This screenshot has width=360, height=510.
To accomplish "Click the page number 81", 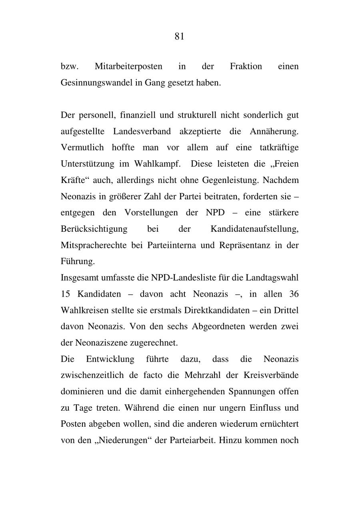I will point(179,37).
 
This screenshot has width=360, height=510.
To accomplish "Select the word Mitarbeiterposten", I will point(128,66).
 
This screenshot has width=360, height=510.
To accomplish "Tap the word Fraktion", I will point(246,66).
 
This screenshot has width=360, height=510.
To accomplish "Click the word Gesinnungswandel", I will point(96,83).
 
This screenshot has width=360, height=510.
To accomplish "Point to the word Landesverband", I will point(142,131).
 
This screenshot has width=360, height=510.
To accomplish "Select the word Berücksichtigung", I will point(94,229).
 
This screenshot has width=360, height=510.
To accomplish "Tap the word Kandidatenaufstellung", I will point(254,229).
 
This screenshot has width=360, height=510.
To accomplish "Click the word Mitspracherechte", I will point(94,245).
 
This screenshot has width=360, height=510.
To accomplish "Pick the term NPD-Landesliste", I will point(183,277).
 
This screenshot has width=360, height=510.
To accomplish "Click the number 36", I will point(294,294).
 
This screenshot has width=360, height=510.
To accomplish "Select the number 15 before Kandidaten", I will point(65,294).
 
